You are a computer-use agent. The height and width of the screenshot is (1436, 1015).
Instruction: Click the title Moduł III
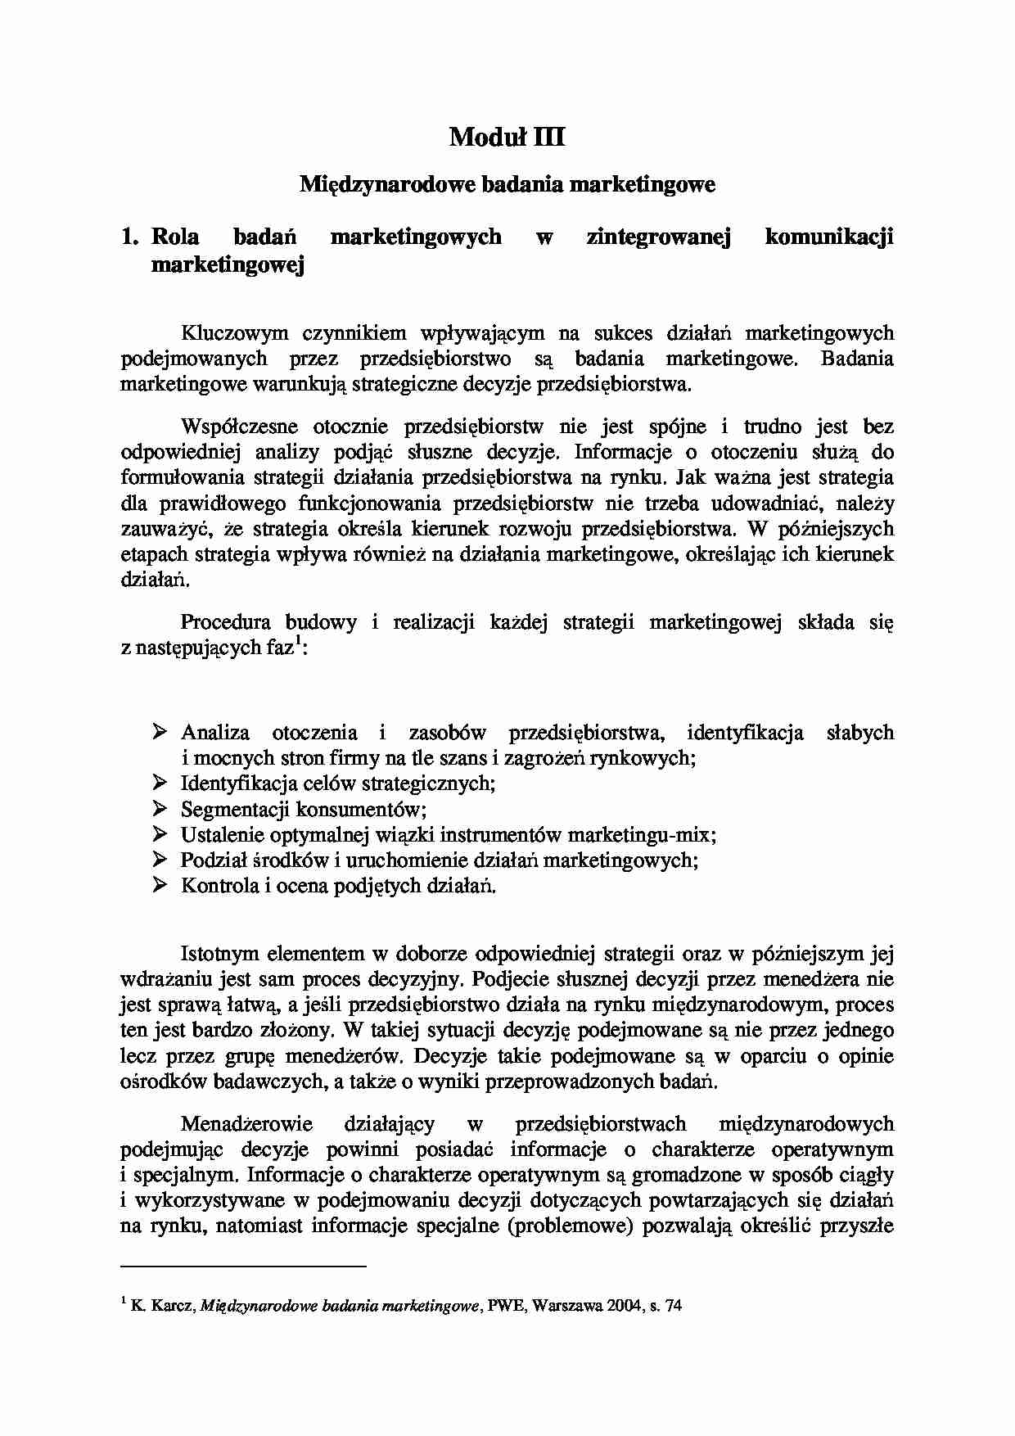pos(507,137)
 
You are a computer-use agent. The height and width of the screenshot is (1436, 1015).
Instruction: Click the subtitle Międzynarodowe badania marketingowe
pos(507,184)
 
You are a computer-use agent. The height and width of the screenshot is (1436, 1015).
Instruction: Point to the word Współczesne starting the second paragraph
pos(238,427)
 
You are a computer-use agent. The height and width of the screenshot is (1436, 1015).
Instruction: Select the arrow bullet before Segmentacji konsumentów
pos(160,808)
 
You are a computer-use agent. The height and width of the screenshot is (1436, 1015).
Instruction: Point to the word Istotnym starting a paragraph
pos(219,954)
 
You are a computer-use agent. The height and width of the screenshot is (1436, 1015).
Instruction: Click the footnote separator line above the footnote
pos(242,1267)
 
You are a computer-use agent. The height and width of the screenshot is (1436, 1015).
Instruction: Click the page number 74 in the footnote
pos(674,1307)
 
